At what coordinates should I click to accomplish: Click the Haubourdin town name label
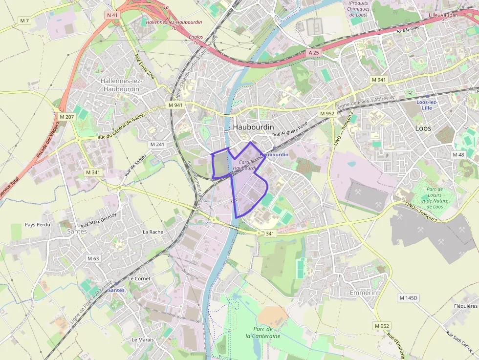coord(253,127)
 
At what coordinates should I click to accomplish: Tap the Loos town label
coord(423,128)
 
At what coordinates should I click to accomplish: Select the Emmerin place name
coord(363,293)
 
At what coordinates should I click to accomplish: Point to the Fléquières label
coord(465,306)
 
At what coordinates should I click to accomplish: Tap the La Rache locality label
coord(152,232)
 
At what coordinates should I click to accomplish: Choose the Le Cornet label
coord(139,278)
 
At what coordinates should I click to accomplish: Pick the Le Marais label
coord(143,339)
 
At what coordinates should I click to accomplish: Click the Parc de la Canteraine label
coord(263,332)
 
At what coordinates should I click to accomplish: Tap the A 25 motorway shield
coord(314,52)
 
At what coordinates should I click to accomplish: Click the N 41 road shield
coord(112,15)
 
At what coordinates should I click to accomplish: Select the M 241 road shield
coord(157,144)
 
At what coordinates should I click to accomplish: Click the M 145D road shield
coord(409,297)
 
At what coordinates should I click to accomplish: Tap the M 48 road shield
coord(458,155)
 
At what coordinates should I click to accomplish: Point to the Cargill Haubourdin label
coord(245,164)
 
